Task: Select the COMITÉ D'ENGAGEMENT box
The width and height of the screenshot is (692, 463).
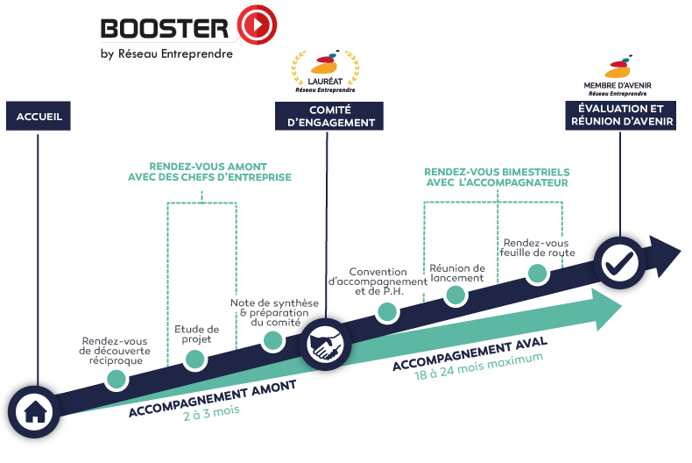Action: click(330, 116)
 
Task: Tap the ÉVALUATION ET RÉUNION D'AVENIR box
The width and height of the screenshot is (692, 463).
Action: click(621, 116)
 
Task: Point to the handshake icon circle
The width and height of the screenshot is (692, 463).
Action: click(328, 347)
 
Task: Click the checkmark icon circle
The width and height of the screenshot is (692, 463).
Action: click(620, 260)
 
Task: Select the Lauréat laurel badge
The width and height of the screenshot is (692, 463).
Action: click(324, 71)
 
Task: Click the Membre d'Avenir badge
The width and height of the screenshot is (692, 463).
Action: click(618, 75)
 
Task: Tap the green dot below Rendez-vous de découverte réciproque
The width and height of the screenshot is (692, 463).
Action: click(116, 378)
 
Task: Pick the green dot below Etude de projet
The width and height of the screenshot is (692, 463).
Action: click(194, 358)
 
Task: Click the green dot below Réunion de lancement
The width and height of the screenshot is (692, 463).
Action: click(455, 294)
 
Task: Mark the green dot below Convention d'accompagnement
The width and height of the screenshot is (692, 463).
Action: click(385, 310)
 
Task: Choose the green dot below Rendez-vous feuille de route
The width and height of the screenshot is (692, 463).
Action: click(537, 273)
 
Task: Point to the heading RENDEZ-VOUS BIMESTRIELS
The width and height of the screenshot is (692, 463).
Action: click(496, 177)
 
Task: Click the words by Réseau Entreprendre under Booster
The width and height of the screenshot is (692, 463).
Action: click(166, 54)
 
